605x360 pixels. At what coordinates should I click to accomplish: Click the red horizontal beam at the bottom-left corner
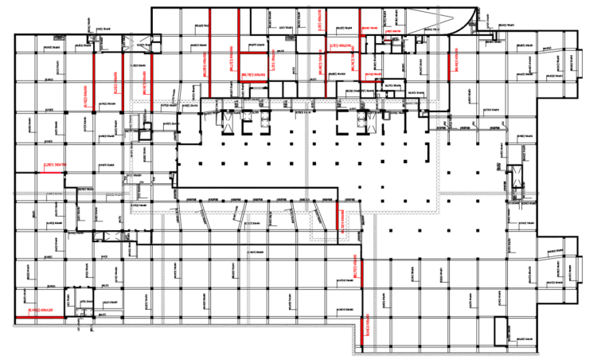tap(40, 319)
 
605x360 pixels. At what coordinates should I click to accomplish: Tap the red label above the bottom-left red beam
tap(40, 310)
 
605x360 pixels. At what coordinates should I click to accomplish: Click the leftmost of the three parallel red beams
tap(96, 80)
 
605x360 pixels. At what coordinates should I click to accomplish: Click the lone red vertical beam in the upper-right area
tap(451, 60)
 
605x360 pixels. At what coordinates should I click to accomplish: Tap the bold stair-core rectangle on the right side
tap(516, 180)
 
